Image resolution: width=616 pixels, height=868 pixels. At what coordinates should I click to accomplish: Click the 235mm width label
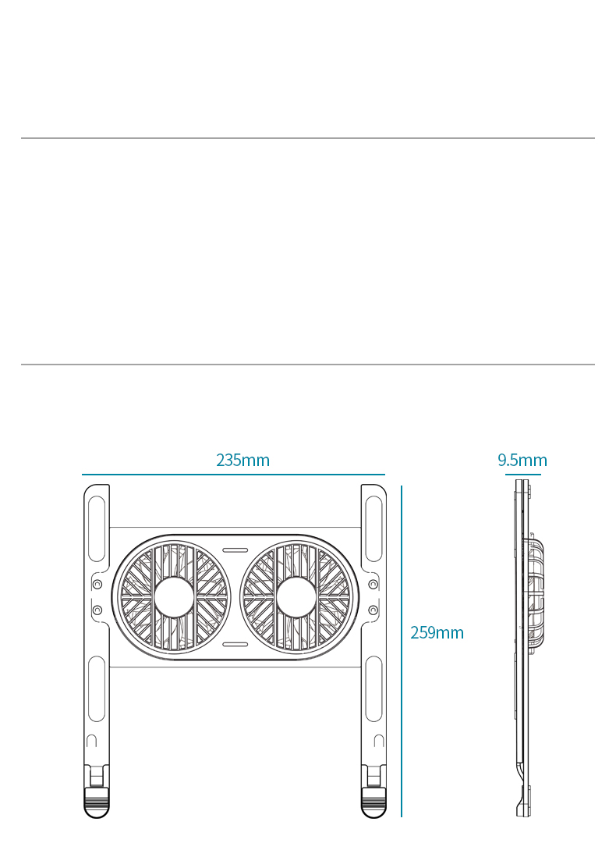tap(243, 461)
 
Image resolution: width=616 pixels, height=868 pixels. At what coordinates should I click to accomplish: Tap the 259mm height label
tap(437, 633)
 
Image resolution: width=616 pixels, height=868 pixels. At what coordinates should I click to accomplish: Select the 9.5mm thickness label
tap(522, 461)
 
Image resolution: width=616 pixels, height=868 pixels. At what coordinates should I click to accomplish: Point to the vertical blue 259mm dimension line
tap(402, 651)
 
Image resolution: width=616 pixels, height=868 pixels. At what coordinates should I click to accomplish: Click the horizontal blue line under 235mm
tap(233, 475)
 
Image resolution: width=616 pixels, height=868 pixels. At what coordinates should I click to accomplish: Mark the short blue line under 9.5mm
tap(523, 475)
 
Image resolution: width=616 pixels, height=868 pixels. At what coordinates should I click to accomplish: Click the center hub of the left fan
tap(174, 597)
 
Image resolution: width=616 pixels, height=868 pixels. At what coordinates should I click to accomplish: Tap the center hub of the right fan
tap(296, 597)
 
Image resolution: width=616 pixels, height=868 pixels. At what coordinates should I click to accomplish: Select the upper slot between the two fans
tap(235, 550)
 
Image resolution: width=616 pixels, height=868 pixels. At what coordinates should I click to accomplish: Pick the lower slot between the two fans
tap(235, 644)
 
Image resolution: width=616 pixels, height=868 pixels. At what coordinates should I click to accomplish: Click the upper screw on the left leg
tap(97, 584)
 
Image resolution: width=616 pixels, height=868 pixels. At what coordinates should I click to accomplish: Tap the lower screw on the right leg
tap(373, 610)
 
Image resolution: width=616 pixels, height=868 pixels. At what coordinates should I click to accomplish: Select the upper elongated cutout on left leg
tap(97, 529)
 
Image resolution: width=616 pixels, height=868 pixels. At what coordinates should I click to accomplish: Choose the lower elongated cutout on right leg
tap(373, 689)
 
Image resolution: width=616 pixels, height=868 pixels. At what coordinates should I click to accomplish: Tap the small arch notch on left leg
tap(92, 740)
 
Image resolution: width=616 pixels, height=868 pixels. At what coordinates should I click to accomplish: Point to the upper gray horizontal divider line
tap(308, 138)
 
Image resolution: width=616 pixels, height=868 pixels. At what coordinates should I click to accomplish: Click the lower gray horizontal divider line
tap(308, 365)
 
